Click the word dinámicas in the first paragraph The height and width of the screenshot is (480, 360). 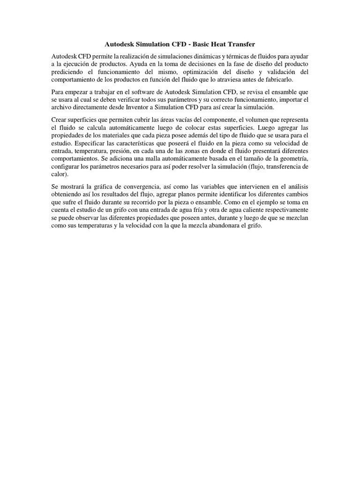point(217,56)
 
